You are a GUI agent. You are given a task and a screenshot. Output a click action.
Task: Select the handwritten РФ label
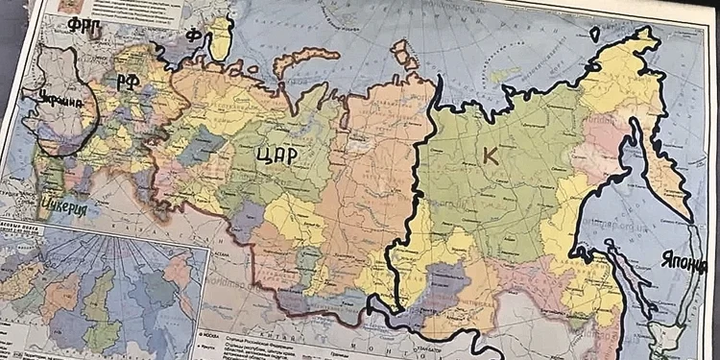click(128, 82)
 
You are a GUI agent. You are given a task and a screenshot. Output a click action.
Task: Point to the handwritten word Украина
click(52, 98)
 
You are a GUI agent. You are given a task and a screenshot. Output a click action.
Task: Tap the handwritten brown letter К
click(491, 157)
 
